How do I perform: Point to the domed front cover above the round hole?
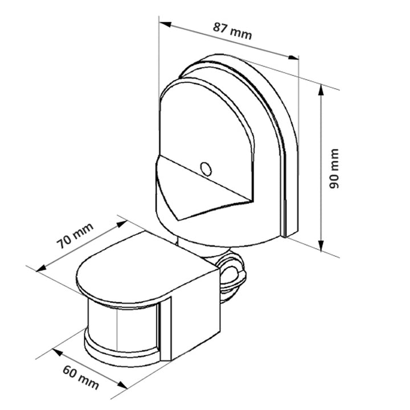coord(205,125)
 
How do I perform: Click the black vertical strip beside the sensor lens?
coord(165,330)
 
